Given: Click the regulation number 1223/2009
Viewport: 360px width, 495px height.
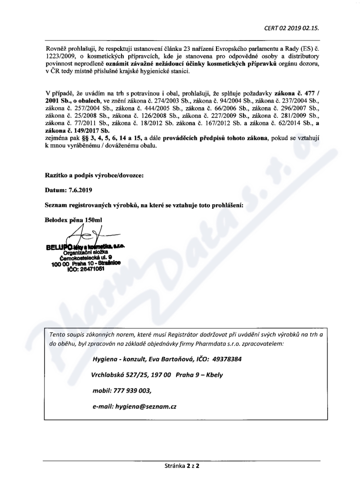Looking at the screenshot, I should tap(60, 57).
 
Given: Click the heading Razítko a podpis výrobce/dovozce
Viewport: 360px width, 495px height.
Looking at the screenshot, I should tap(94, 176).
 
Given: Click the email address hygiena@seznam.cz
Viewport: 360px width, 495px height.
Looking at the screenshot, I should tap(146, 406).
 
